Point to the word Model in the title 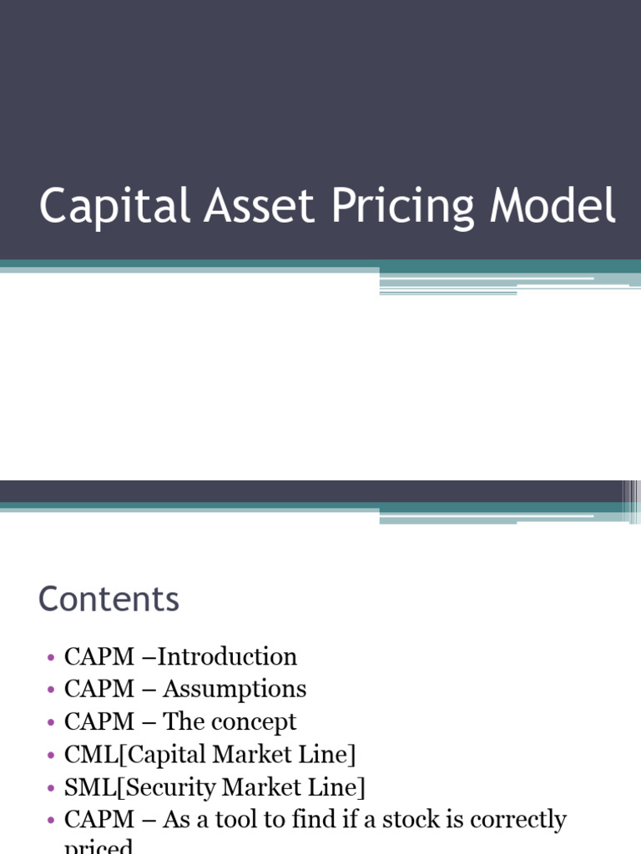(x=553, y=207)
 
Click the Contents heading (x=109, y=600)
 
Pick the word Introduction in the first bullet (x=227, y=657)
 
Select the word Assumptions (x=235, y=690)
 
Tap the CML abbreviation (x=84, y=755)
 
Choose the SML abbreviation (x=84, y=787)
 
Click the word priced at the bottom (x=98, y=846)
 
